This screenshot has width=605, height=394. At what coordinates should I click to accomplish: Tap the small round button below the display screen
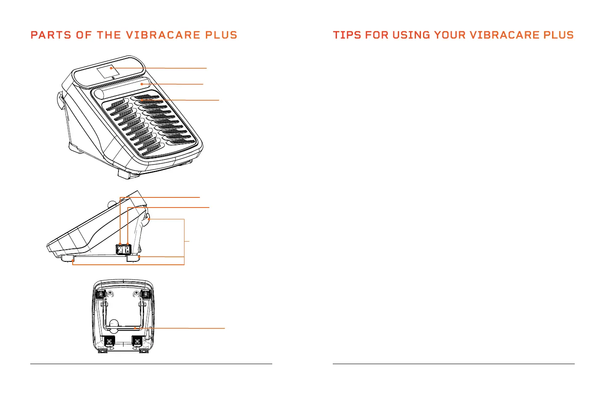point(113,78)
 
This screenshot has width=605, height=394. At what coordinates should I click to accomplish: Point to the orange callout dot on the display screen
point(111,68)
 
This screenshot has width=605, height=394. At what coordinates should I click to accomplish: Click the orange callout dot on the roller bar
point(142,84)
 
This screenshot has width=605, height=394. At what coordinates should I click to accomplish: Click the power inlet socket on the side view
point(120,250)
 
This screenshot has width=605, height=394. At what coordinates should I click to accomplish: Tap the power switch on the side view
point(127,249)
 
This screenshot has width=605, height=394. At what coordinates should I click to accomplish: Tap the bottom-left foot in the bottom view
point(110,341)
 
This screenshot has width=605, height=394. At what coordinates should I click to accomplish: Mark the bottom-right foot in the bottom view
point(137,341)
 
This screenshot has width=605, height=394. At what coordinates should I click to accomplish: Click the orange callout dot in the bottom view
point(134,328)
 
